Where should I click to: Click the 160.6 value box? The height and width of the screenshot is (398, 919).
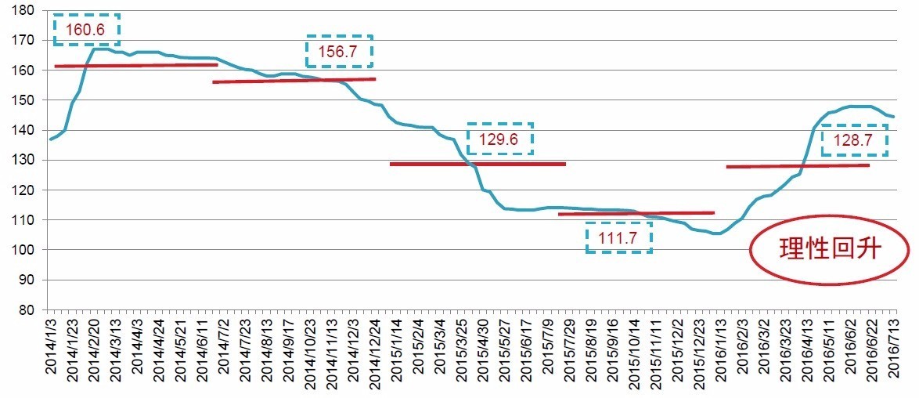[x=86, y=30]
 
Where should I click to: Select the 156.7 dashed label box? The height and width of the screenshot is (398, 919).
[x=339, y=51]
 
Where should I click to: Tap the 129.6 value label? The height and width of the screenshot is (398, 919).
[x=499, y=139]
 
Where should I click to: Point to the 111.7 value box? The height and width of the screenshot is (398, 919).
[x=618, y=237]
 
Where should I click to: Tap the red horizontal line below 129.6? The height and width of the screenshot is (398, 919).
[x=478, y=164]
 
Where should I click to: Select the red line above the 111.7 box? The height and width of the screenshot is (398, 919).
[x=636, y=213]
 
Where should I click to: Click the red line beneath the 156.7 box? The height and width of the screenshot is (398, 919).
[x=294, y=81]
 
